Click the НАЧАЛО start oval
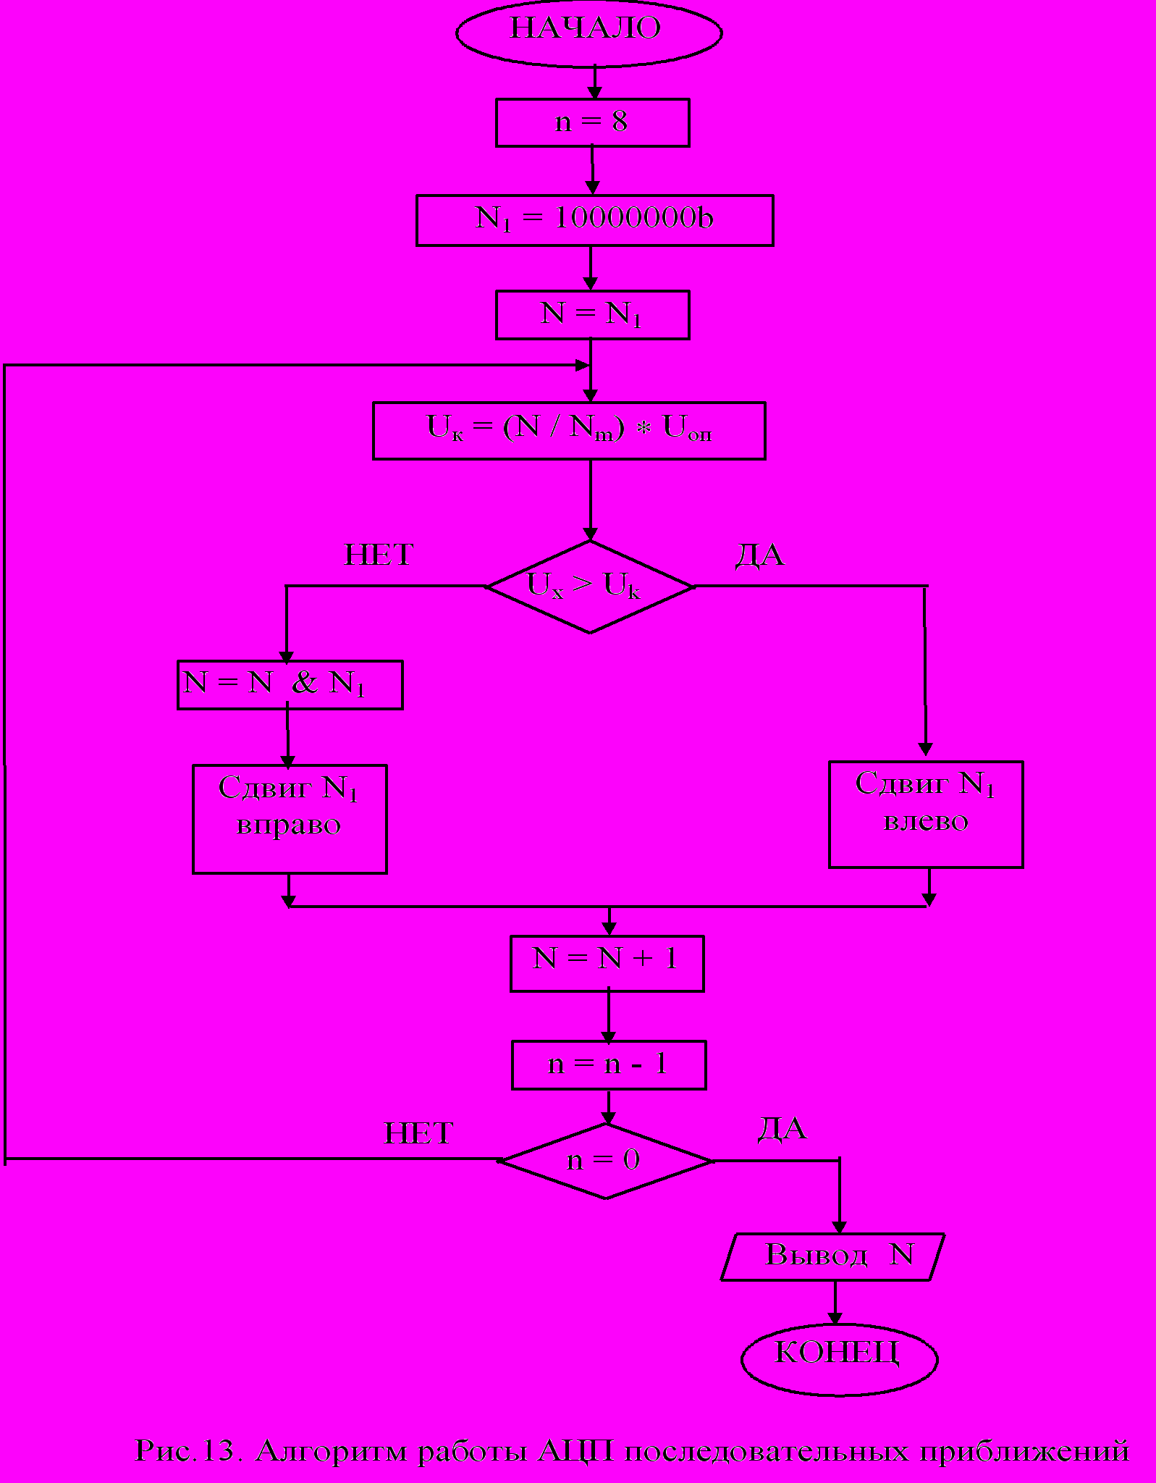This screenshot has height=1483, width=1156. click(x=588, y=32)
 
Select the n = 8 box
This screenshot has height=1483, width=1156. click(x=592, y=122)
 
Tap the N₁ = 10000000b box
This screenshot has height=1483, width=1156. click(x=594, y=219)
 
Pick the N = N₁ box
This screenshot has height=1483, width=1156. click(x=592, y=314)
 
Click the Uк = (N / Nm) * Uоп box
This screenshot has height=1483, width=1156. click(x=569, y=430)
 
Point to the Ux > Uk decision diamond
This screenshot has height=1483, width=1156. click(x=589, y=587)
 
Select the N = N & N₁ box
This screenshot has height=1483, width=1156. click(x=290, y=684)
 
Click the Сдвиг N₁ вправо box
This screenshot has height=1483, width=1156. click(x=290, y=818)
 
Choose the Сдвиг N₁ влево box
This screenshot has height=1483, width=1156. click(x=925, y=814)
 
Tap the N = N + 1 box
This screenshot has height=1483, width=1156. click(x=607, y=963)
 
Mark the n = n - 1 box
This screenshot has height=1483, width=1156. click(x=608, y=1064)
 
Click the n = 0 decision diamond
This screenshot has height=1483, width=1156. click(x=605, y=1161)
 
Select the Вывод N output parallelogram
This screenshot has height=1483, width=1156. click(x=832, y=1256)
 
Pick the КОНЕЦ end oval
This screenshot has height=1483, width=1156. click(x=839, y=1354)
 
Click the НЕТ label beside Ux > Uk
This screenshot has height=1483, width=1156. click(x=379, y=555)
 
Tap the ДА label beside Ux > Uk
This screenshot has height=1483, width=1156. click(x=760, y=556)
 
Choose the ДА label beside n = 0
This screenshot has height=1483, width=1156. click(x=782, y=1130)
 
